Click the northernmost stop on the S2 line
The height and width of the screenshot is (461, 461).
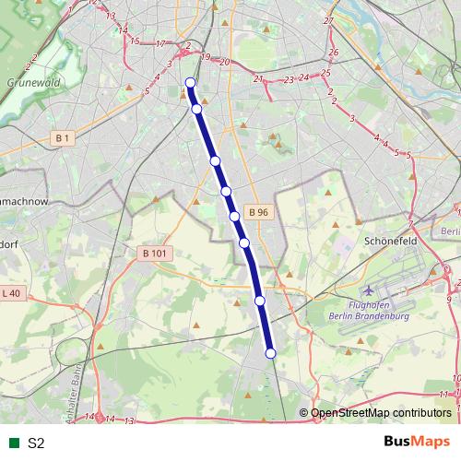(x=191, y=83)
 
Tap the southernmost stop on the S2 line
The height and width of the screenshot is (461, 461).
(x=270, y=353)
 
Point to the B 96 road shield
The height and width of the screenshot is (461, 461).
(x=258, y=212)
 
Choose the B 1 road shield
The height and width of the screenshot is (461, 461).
(x=63, y=138)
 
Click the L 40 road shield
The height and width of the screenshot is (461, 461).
(x=12, y=293)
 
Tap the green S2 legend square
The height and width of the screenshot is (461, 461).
(x=12, y=443)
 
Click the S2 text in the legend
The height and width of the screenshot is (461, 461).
(x=36, y=443)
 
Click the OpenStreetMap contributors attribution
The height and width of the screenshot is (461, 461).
(x=380, y=414)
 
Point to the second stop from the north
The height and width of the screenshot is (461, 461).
(x=196, y=109)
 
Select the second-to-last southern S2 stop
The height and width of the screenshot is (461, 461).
(x=260, y=301)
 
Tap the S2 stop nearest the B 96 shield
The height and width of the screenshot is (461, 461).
(x=235, y=216)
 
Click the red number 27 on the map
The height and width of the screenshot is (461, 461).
(x=328, y=20)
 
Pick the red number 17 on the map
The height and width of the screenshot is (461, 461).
(x=160, y=43)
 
